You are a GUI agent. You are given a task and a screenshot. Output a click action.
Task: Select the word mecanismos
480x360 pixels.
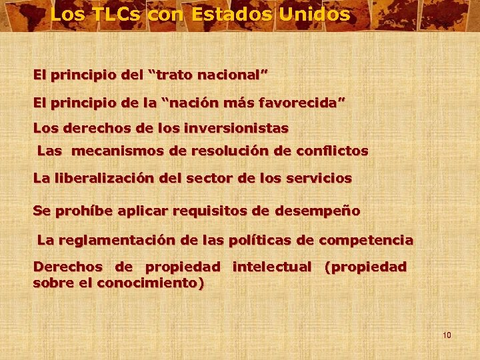point(119,151)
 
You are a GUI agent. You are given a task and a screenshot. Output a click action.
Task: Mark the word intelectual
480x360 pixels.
point(272,267)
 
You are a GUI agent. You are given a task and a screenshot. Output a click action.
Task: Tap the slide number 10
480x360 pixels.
point(447,335)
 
